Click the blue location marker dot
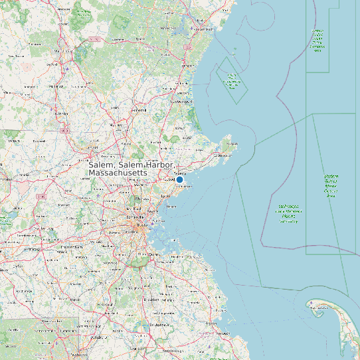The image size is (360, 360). click(179, 179)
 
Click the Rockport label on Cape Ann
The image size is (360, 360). click(232, 143)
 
